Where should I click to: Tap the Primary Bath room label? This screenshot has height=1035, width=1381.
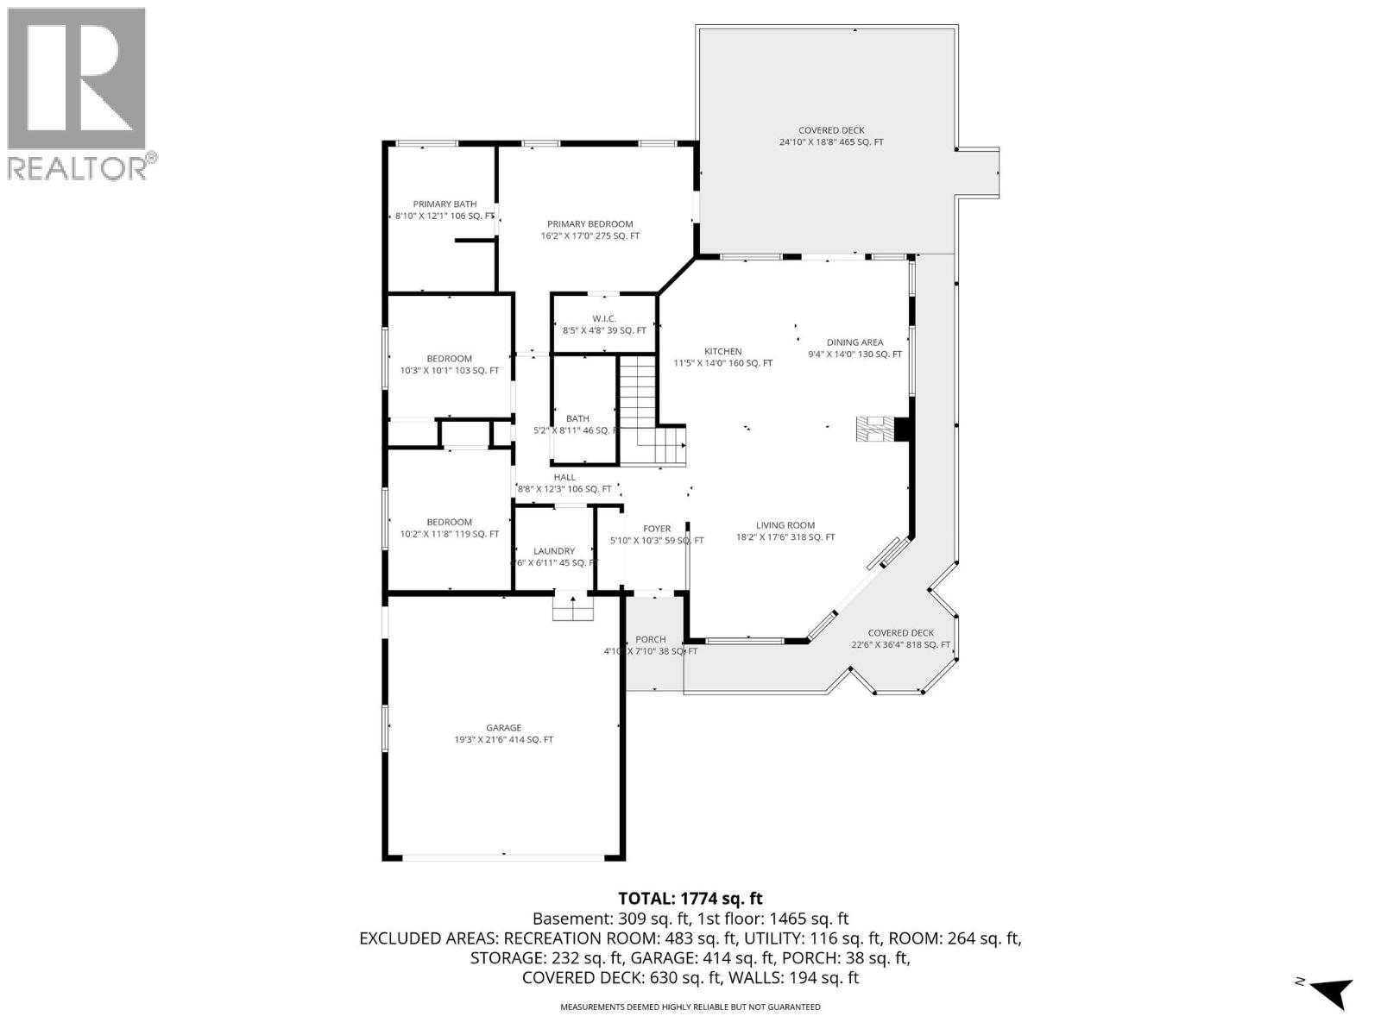445,204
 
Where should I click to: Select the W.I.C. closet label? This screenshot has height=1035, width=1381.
604,319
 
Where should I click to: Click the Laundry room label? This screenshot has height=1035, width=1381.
554,551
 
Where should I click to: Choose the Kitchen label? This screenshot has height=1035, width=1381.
722,352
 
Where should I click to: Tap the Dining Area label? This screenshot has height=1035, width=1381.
854,342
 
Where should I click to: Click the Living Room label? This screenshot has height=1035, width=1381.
785,525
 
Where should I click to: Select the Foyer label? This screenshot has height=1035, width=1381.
657,529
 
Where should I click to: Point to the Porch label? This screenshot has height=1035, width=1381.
651,640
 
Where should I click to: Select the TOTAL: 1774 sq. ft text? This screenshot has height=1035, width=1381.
690,899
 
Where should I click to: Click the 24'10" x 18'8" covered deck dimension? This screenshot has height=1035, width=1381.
831,142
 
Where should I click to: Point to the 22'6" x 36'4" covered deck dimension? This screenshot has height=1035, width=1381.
900,645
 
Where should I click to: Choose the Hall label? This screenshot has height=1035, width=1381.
564,477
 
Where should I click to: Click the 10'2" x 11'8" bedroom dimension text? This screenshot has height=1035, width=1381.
449,534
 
